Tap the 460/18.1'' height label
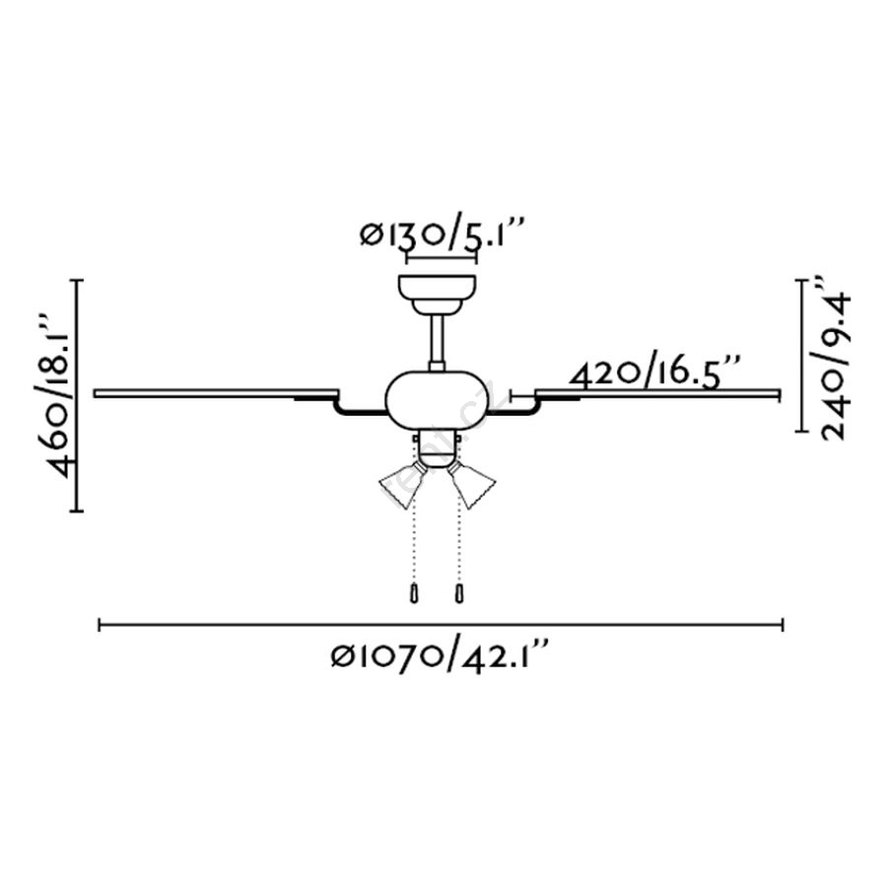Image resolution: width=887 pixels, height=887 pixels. [60, 393]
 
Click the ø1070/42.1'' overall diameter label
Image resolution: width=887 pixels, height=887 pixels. [440, 656]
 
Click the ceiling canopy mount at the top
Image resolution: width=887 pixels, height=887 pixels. [437, 294]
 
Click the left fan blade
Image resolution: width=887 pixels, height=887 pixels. [216, 392]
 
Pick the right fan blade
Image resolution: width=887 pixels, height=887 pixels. [657, 392]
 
